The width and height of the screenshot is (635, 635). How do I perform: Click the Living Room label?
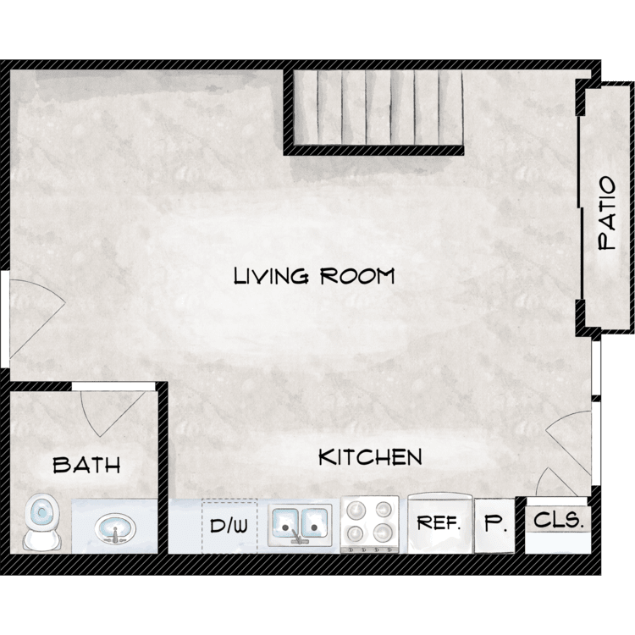[314, 276]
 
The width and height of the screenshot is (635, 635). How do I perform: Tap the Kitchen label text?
[370, 457]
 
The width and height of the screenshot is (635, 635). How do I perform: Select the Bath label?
[86, 465]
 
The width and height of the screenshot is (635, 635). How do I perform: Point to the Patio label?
[607, 213]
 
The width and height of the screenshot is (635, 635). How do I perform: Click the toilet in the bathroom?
[41, 522]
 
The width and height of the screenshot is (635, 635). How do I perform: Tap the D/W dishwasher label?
[229, 525]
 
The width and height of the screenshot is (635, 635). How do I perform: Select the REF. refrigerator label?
[439, 523]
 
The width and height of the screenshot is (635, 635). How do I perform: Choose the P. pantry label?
[494, 523]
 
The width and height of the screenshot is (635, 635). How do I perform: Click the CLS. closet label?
[558, 520]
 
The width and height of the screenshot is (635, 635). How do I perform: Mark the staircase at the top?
[378, 108]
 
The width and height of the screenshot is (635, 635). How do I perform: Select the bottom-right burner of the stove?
[382, 533]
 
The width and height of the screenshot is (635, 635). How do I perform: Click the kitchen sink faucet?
[296, 536]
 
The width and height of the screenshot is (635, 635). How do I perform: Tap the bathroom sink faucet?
[115, 535]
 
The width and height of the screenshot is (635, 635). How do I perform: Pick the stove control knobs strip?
[370, 549]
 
